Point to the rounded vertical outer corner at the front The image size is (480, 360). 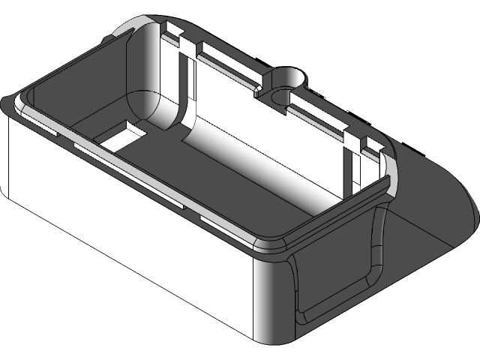click(274, 300)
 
